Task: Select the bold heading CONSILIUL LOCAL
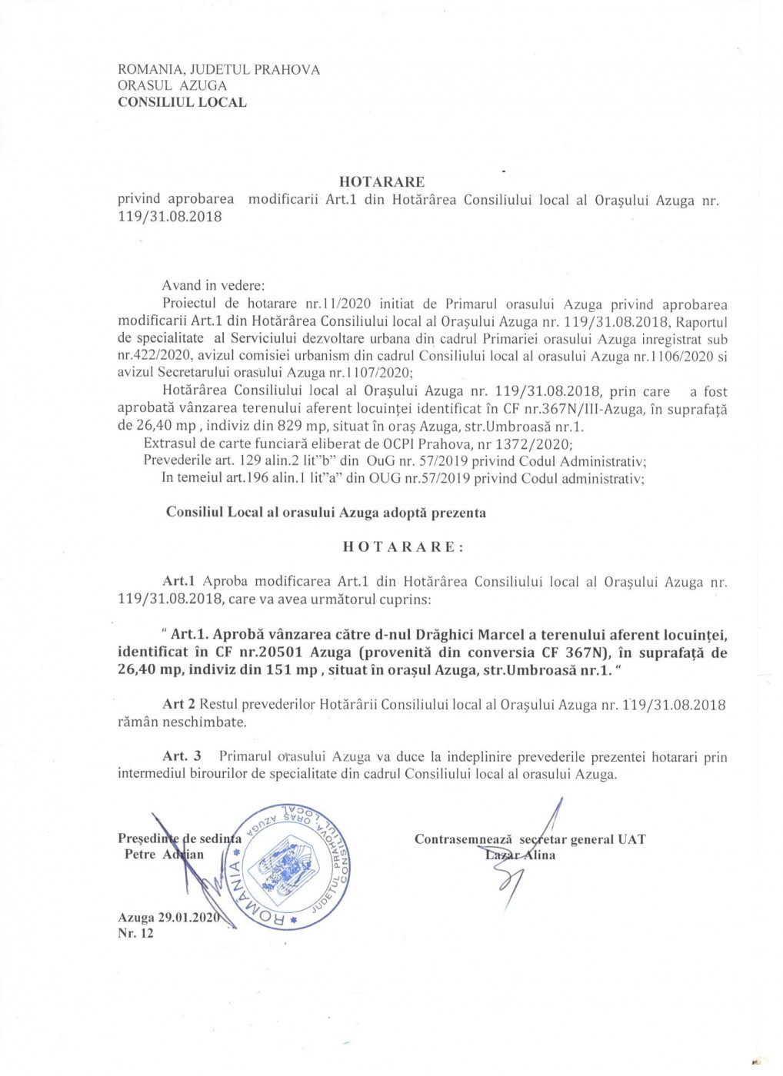(x=182, y=102)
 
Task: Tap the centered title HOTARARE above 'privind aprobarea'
(x=382, y=182)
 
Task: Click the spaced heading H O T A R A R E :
(x=403, y=547)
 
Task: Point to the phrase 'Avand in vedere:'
(x=213, y=286)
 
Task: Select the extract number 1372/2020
(x=531, y=444)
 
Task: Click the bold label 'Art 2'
(x=179, y=705)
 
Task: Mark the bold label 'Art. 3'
(x=182, y=757)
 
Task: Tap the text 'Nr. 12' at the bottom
(x=135, y=934)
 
